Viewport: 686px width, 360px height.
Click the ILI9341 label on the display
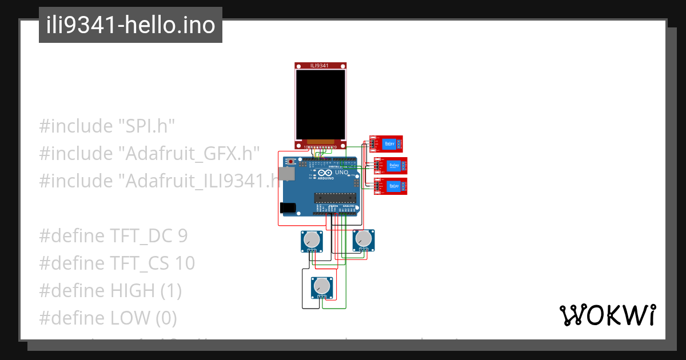click(x=320, y=66)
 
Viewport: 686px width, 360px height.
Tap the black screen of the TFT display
click(x=320, y=104)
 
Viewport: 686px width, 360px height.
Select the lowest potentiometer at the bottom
click(x=322, y=286)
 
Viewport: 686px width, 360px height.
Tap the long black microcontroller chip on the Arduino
click(x=335, y=198)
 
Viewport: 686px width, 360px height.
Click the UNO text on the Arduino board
click(x=341, y=173)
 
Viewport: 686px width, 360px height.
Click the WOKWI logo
click(x=607, y=315)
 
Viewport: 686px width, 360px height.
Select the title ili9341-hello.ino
click(x=130, y=25)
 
